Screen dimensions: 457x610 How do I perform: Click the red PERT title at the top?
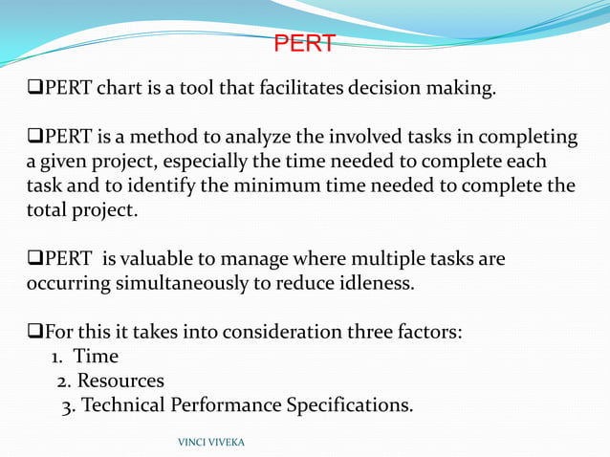pos(304,44)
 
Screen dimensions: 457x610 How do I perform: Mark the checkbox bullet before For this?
pos(35,333)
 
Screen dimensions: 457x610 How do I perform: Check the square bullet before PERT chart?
pos(35,91)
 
